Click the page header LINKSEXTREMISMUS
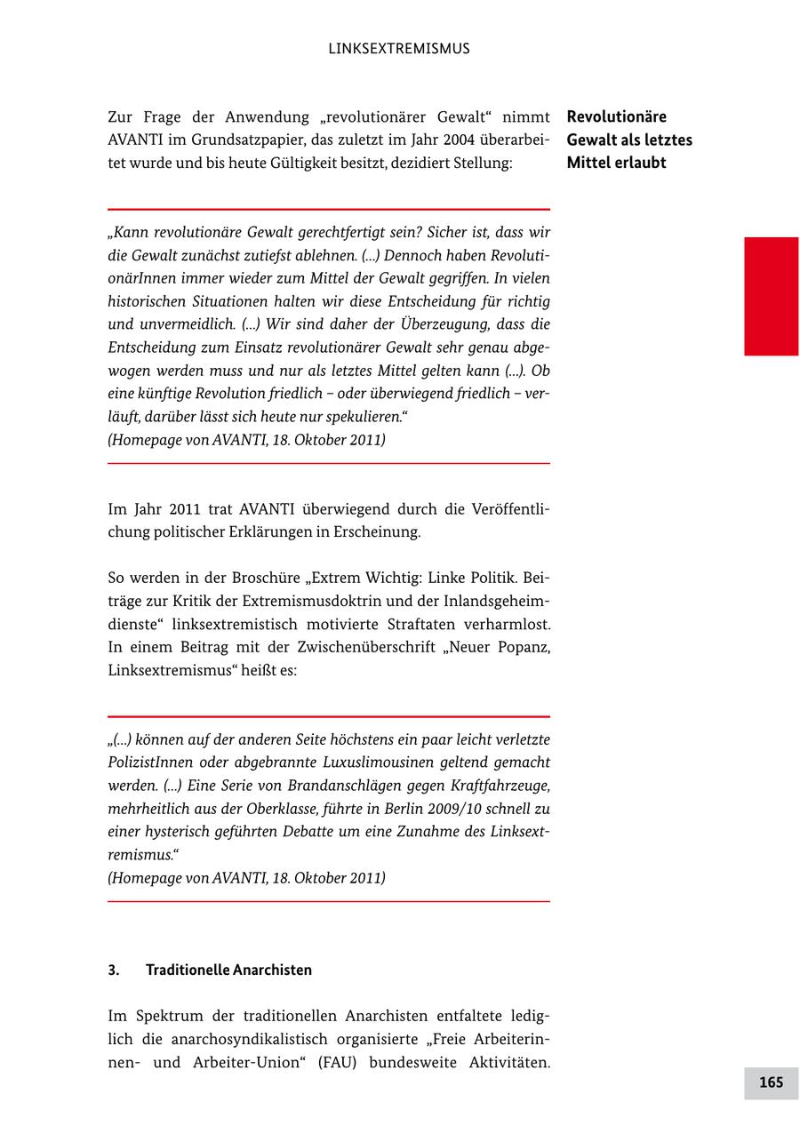pos(399,49)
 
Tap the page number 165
pos(771,1082)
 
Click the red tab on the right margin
pos(771,296)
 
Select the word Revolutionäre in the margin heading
pos(616,116)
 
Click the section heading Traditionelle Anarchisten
pos(228,970)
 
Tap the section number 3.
pos(114,970)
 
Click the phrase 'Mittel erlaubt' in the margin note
pos(616,164)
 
